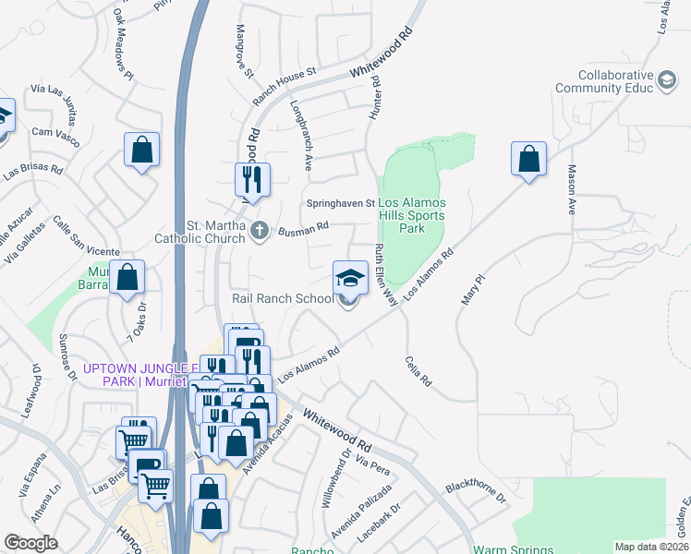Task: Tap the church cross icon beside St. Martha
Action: [261, 231]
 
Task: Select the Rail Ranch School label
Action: [283, 298]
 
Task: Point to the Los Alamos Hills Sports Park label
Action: [412, 215]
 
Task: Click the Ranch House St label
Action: [285, 70]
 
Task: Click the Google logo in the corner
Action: [30, 543]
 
